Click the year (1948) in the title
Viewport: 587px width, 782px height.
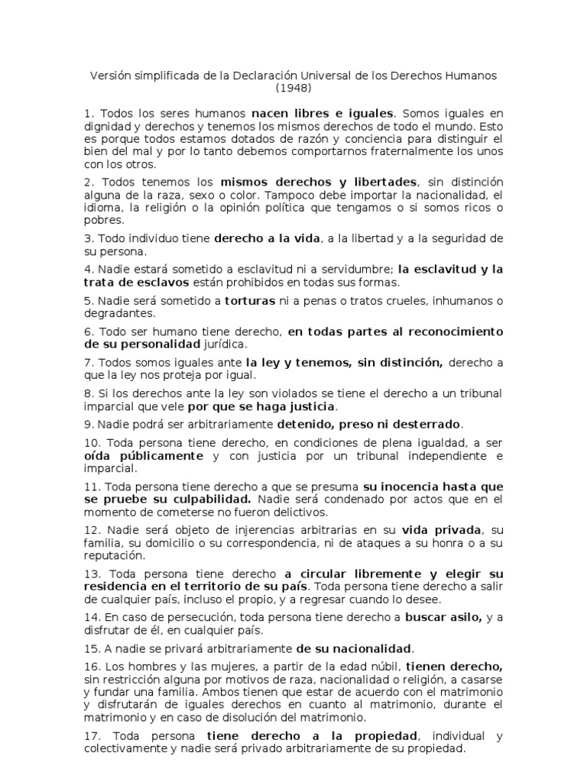[x=293, y=89]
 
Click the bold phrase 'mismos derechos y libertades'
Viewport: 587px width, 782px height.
[x=319, y=182]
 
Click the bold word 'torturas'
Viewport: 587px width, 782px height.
[x=251, y=300]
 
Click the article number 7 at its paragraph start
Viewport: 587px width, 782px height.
[x=88, y=363]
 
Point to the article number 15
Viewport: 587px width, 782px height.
[x=92, y=648]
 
